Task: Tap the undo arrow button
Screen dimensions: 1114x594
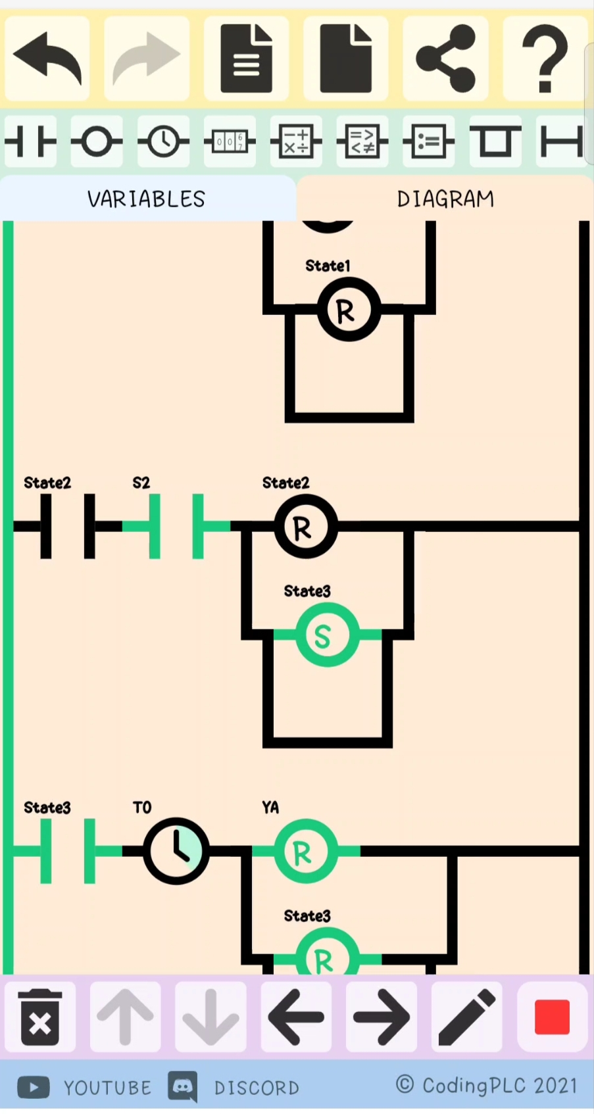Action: coord(47,58)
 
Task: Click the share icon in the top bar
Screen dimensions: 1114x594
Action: coord(445,58)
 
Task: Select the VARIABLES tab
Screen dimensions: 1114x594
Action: coord(146,199)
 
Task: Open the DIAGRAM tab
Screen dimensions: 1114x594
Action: coord(445,199)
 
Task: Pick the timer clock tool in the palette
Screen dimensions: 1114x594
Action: coord(163,141)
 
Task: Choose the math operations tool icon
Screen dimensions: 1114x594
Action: coord(296,141)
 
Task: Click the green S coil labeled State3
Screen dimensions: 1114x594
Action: coord(328,635)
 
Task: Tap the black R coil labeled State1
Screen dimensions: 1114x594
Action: coord(349,310)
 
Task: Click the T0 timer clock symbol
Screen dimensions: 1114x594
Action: coord(176,851)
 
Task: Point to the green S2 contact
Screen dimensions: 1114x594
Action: coord(176,526)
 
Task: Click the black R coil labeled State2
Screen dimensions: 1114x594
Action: coord(305,527)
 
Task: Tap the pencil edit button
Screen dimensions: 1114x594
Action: coord(467,1017)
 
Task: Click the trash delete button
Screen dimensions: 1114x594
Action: coord(40,1017)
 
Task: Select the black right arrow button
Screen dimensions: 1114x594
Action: coord(382,1017)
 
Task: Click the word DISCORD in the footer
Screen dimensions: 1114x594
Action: coord(257,1088)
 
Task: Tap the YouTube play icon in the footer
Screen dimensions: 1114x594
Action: coord(34,1087)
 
